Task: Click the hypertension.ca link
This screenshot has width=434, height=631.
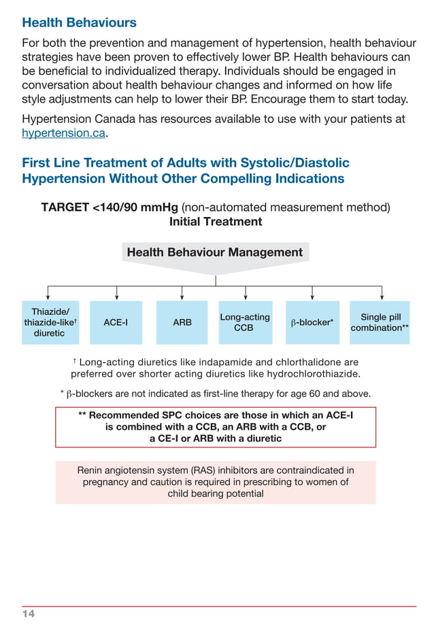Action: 64,133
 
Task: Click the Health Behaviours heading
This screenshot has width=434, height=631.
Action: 79,22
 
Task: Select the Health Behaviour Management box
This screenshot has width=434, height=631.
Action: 215,252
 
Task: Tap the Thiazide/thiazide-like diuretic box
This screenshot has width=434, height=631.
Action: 50,322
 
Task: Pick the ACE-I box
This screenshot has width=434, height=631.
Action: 116,322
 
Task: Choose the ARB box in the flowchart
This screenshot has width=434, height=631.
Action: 182,322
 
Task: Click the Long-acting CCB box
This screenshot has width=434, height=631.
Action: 244,322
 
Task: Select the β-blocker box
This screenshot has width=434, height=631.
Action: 312,322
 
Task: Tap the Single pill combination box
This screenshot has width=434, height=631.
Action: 380,322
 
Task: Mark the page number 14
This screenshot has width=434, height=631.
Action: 28,614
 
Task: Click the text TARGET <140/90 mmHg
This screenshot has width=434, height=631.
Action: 110,207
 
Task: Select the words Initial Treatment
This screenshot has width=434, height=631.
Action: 215,222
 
